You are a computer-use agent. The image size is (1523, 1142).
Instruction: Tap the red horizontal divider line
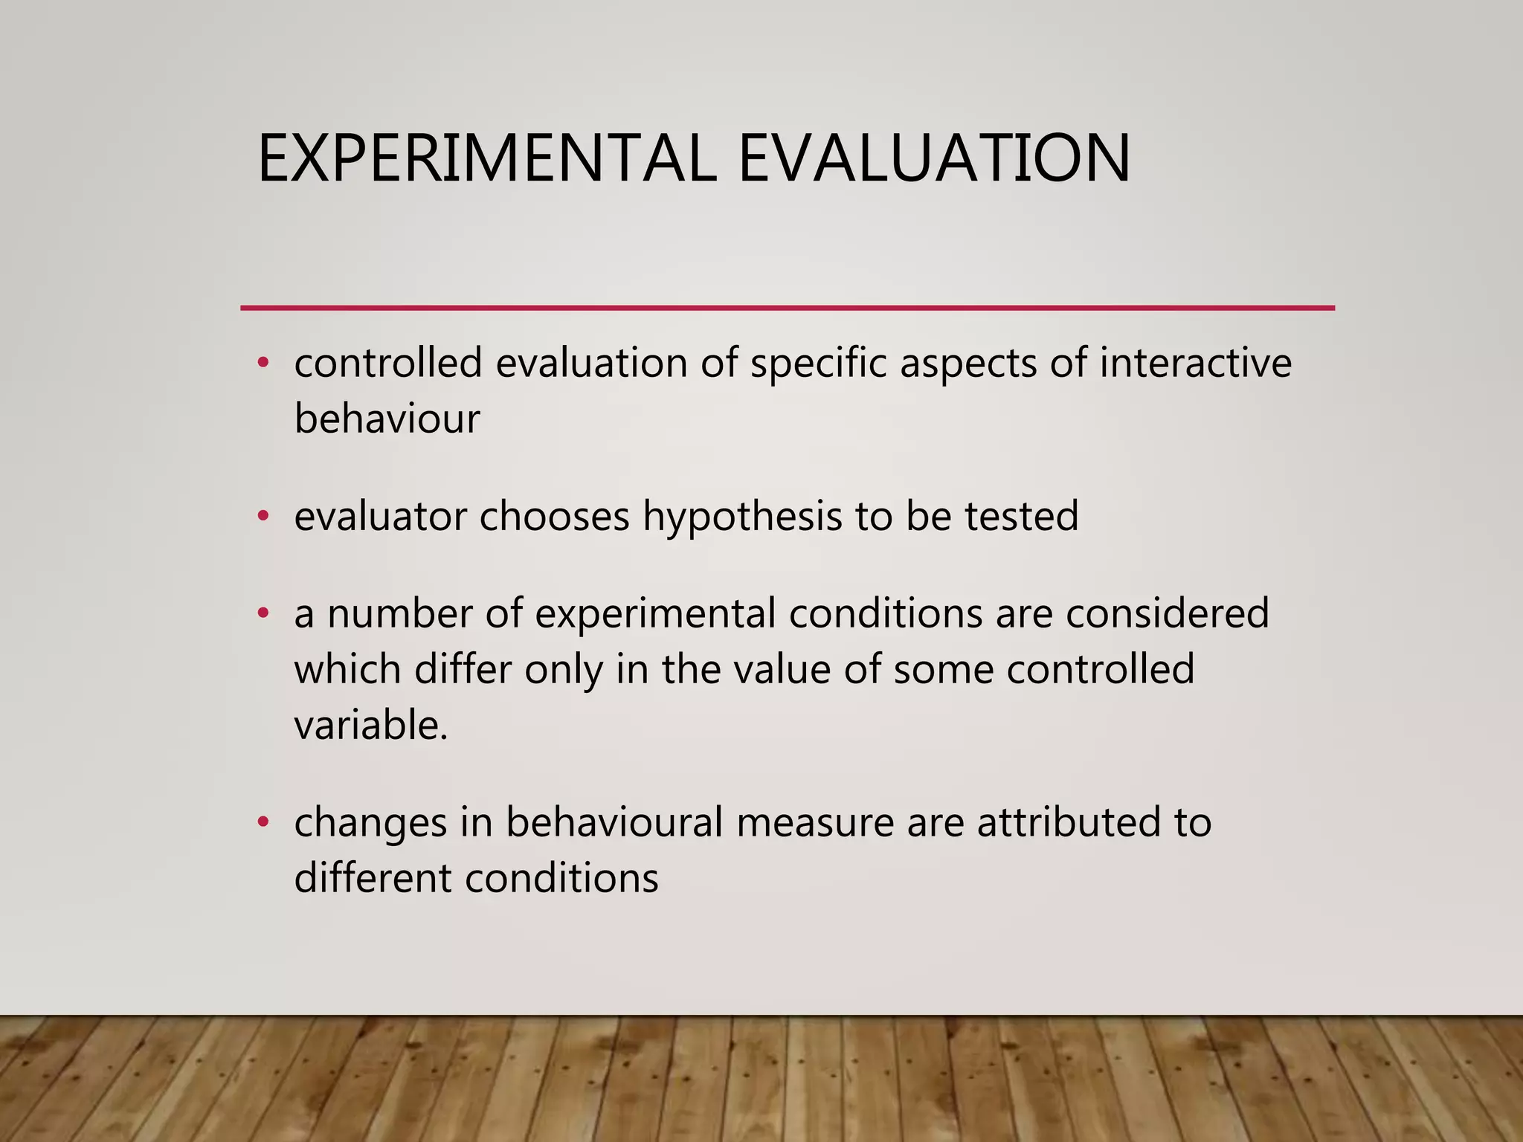point(787,307)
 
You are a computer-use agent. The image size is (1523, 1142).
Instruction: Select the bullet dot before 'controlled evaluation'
point(262,363)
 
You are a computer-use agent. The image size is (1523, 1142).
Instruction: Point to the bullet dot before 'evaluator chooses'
point(262,515)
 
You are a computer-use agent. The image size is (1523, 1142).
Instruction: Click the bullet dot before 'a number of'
point(262,613)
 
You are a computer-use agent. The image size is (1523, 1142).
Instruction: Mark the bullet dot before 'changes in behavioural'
point(262,822)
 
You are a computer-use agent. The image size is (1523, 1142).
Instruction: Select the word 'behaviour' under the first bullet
point(387,419)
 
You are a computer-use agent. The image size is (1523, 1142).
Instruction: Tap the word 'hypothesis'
point(742,517)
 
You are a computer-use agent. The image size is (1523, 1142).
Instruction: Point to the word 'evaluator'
point(380,516)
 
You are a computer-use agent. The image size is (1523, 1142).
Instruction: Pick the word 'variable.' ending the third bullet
point(371,725)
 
